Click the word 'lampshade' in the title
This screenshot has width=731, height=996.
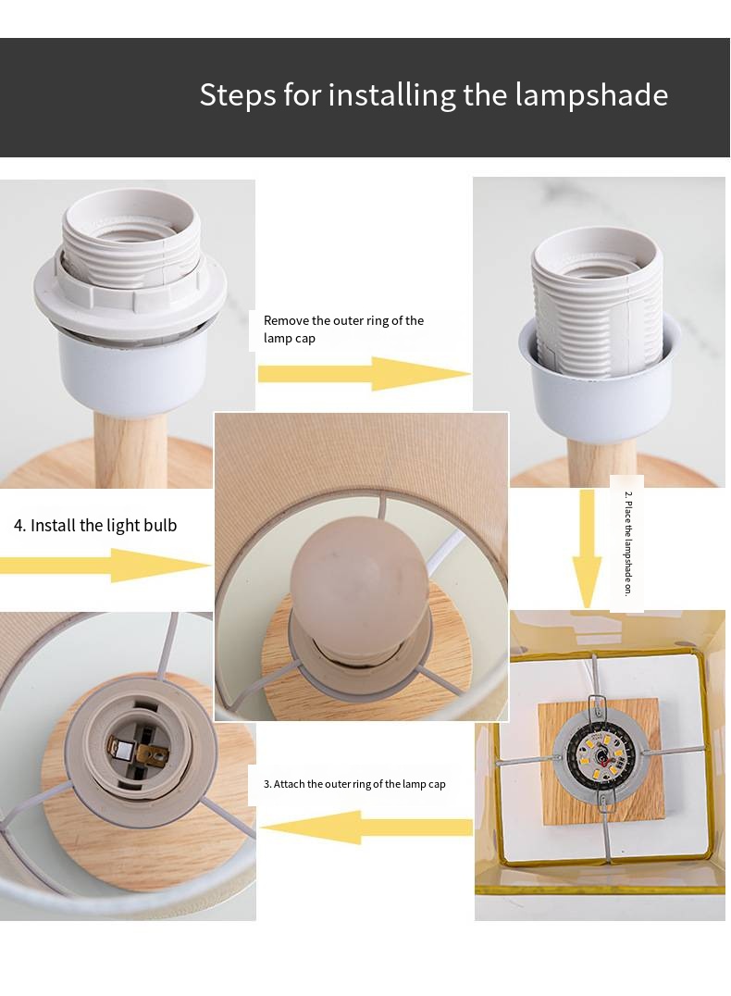[x=591, y=95]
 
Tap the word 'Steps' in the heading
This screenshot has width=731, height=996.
[x=238, y=95]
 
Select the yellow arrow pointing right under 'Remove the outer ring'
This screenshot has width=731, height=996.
[x=364, y=374]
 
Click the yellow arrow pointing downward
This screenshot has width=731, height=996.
[x=587, y=549]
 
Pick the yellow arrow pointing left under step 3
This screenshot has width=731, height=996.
[x=365, y=827]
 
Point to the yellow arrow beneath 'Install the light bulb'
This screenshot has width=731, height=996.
[x=105, y=565]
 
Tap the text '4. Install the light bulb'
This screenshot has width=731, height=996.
[x=95, y=526]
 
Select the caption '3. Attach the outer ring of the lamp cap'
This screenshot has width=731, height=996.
[x=354, y=784]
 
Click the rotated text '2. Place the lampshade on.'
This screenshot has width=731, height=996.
[x=627, y=543]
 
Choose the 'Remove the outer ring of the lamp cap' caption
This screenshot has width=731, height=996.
[x=343, y=329]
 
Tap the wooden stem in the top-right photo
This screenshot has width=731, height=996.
[x=601, y=462]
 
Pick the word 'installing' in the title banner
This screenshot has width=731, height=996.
[x=391, y=95]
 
